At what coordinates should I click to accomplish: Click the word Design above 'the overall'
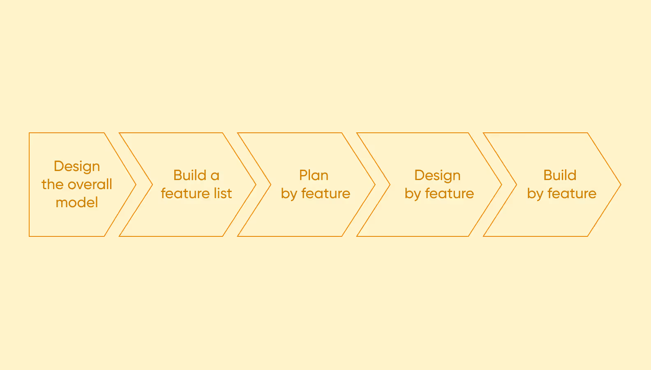77,166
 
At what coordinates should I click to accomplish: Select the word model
77,203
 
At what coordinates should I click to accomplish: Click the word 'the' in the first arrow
52,185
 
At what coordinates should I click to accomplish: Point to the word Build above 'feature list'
189,176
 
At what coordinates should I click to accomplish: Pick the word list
223,194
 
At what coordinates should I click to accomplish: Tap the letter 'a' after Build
215,176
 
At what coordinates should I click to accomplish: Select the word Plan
314,176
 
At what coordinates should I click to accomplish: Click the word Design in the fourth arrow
437,176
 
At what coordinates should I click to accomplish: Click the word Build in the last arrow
560,176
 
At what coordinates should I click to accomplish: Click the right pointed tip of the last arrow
620,185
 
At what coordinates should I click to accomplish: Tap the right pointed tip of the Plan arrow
374,185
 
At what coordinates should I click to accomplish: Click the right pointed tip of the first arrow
135,185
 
